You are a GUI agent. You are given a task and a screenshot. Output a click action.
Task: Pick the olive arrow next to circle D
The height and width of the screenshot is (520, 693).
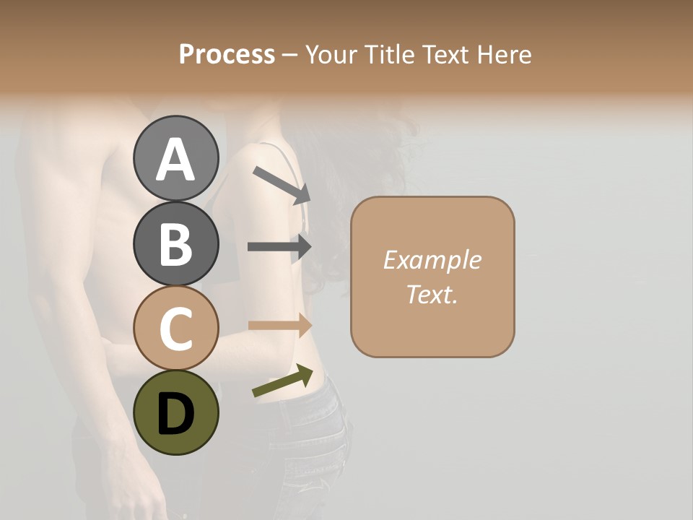coord(282,381)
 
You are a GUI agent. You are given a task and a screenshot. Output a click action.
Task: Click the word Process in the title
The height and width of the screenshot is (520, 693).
coord(227,55)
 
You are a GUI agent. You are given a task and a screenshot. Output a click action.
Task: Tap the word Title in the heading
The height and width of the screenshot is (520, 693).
coord(391,55)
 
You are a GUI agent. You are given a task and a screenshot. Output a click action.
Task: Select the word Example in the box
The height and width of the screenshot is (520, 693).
coord(432,260)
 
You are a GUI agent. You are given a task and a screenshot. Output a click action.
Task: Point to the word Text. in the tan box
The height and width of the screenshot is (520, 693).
coord(432,295)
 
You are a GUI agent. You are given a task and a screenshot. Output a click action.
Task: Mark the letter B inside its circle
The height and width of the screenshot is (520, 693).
coord(176,244)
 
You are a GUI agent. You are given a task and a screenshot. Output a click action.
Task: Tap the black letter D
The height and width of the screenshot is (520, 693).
coord(176,414)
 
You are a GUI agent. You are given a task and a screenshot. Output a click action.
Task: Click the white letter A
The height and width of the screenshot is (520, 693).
coord(176,159)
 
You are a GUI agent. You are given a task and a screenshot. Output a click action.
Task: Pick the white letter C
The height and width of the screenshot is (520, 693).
coord(176,329)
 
